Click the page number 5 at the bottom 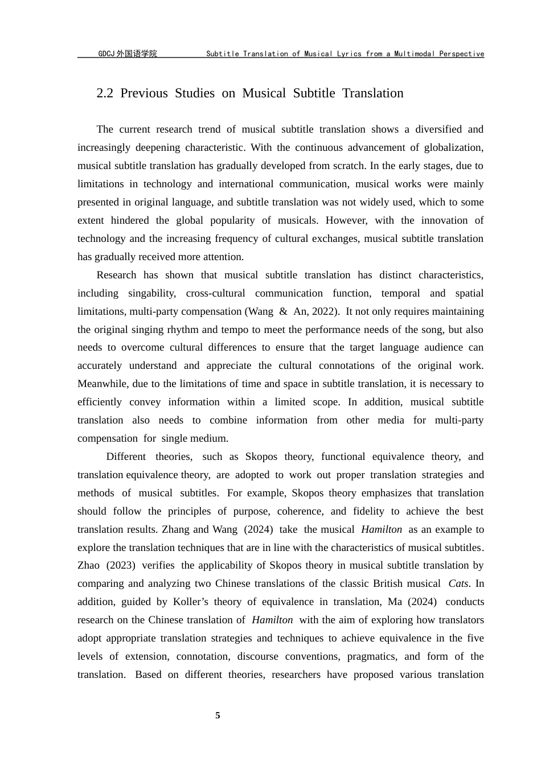tap(218, 715)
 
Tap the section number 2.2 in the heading tap(105, 93)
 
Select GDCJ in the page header tap(106, 54)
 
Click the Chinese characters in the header tap(136, 54)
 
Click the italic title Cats tap(458, 583)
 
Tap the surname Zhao tap(88, 565)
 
